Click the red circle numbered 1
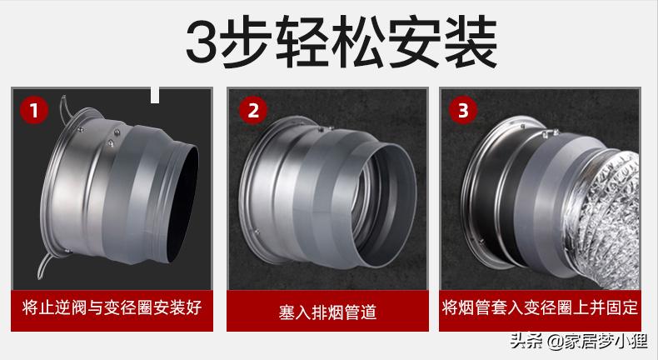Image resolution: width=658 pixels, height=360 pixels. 34,110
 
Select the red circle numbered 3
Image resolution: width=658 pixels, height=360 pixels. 463,110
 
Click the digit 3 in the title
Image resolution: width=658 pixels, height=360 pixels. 202,42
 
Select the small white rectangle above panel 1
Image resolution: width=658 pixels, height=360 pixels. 155,95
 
